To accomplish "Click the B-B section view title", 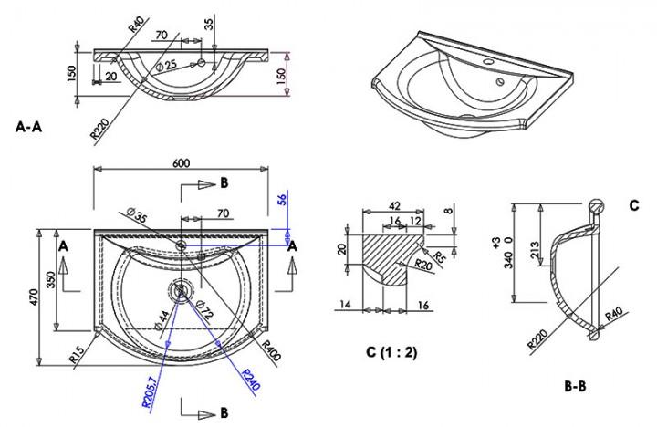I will click(x=575, y=386).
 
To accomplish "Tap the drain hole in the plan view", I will click(x=181, y=291).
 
